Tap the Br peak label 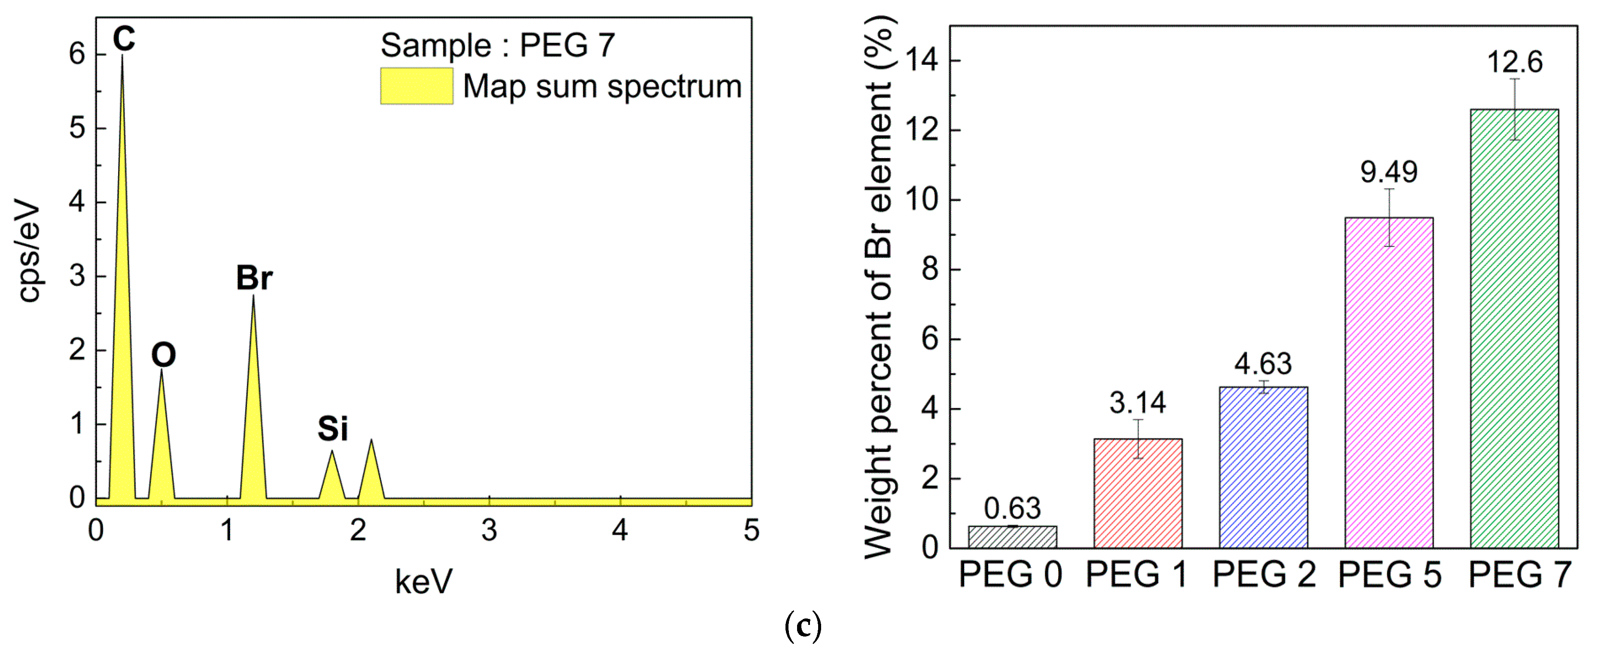[x=254, y=278]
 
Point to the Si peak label [x=332, y=429]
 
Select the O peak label [x=164, y=355]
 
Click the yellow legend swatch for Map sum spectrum [x=416, y=86]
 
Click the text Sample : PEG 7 [x=497, y=45]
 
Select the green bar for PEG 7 [x=1514, y=329]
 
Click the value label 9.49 [x=1389, y=172]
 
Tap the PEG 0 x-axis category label [x=1011, y=574]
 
